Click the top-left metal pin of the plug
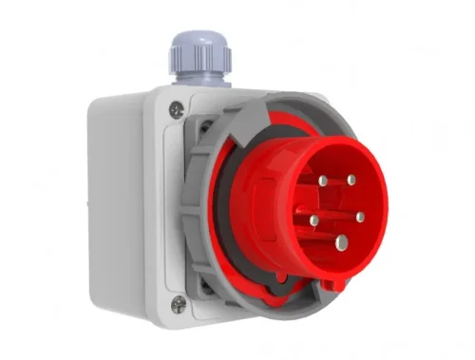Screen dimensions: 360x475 point(324,180)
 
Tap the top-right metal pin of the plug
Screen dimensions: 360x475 point(351,179)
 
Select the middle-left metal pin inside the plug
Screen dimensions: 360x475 point(313,220)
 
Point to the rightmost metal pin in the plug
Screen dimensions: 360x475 point(360,217)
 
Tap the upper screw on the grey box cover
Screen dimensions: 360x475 point(176,110)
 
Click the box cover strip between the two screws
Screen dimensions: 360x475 point(176,209)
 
